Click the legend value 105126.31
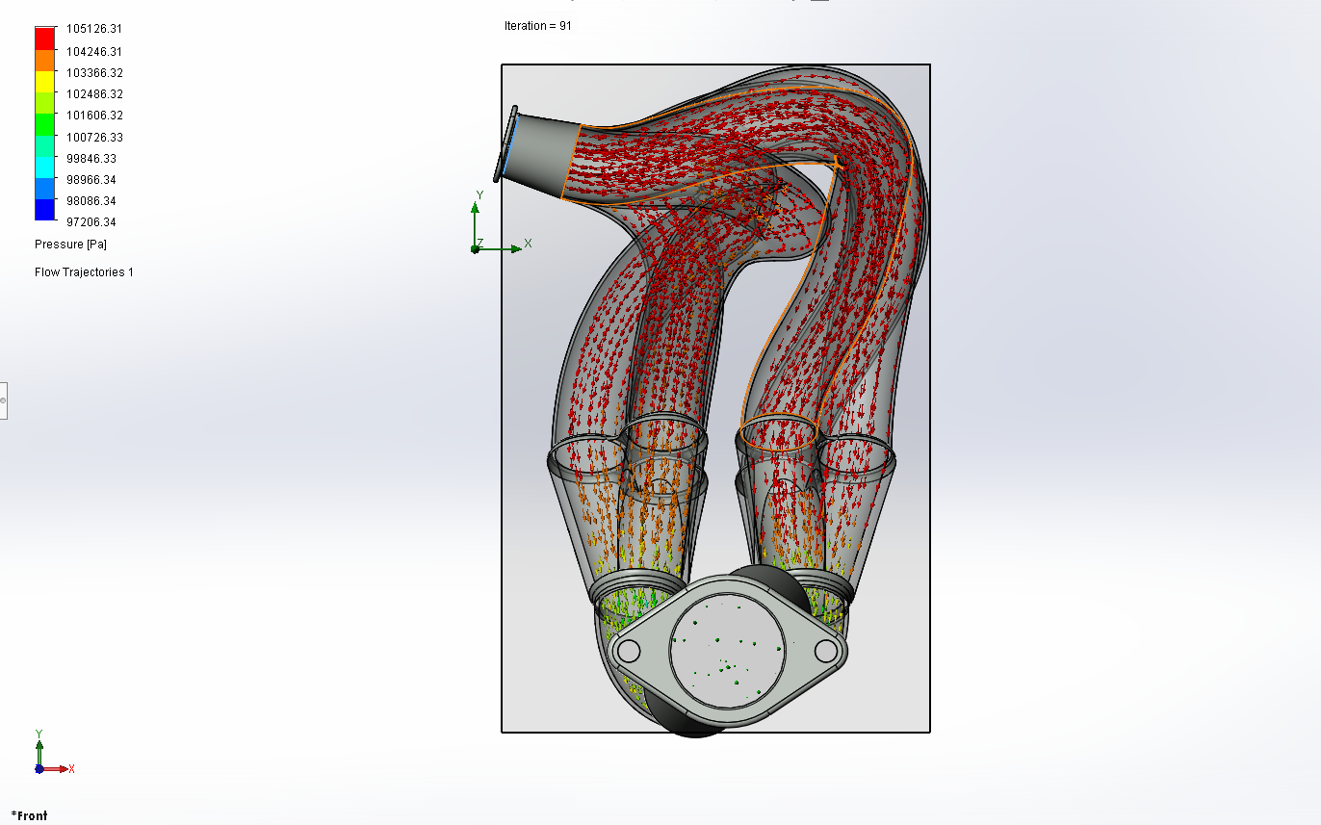[94, 29]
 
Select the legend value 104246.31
[94, 52]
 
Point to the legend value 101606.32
[94, 116]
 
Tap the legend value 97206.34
[91, 222]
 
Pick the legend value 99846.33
[91, 159]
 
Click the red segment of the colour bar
[45, 39]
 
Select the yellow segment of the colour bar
[45, 82]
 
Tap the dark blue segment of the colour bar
[45, 209]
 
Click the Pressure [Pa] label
[71, 245]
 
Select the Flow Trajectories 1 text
[84, 272]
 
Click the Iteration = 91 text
[538, 26]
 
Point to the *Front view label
[30, 816]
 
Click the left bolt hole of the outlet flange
[629, 651]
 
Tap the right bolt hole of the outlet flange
[826, 651]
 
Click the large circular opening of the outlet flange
[727, 651]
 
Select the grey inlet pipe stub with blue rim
[538, 152]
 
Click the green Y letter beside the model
[480, 195]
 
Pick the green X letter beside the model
[528, 243]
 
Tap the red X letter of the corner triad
[71, 769]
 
